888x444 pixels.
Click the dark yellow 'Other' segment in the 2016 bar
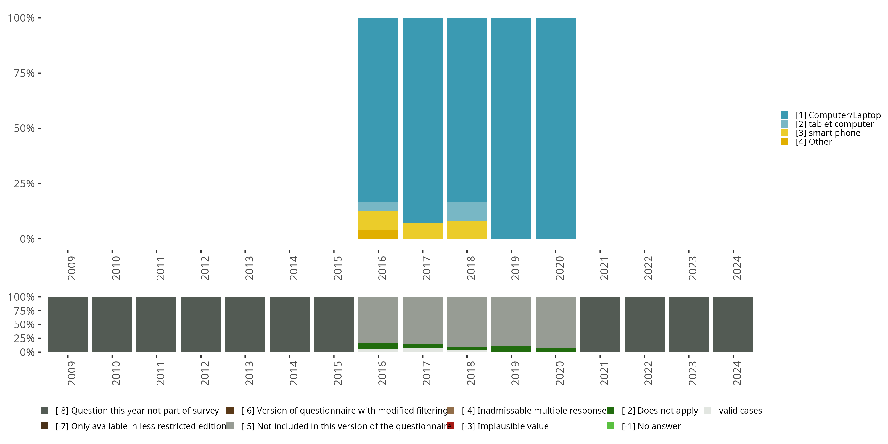378,234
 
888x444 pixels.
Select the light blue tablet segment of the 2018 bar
467,211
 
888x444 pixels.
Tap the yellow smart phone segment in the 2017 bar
423,231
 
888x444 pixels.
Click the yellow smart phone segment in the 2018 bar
467,230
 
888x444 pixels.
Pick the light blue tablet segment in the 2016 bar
378,206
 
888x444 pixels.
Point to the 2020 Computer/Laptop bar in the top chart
555,128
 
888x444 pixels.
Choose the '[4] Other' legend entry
813,142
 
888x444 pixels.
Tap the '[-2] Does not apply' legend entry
660,411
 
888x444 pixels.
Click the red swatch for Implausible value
451,426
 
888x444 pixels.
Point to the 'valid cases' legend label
740,411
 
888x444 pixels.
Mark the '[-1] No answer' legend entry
651,426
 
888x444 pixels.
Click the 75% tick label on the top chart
24,73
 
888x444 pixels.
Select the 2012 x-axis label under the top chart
205,268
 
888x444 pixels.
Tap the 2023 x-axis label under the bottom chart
693,373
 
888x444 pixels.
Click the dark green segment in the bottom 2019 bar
511,349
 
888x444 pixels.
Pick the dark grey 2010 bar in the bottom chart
112,324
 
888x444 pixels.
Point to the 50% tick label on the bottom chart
24,324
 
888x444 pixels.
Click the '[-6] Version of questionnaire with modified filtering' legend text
344,411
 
